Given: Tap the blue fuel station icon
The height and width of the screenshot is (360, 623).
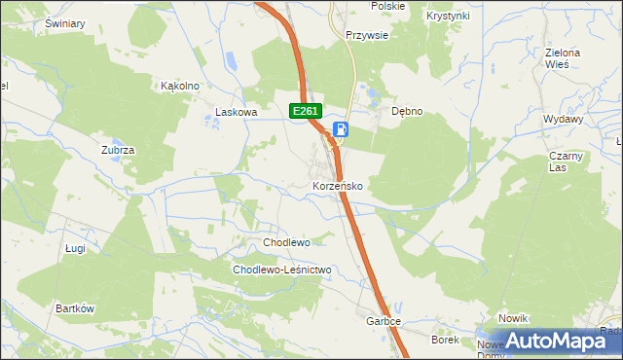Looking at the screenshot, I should click(342, 129).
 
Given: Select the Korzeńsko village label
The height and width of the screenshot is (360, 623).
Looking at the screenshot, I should click(338, 185).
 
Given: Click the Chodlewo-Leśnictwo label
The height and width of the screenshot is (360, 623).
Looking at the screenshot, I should click(282, 270).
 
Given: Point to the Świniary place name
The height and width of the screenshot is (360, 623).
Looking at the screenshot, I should click(64, 22).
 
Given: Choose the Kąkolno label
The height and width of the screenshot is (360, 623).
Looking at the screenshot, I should click(180, 86).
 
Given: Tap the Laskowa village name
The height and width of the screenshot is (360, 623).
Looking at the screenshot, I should click(237, 113).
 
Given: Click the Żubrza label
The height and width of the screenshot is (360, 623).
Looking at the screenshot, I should click(117, 150).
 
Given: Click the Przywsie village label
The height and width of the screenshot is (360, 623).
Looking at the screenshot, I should click(368, 35).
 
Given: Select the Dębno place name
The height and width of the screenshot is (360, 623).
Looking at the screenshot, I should click(407, 111).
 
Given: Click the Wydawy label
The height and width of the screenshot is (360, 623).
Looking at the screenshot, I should click(564, 119).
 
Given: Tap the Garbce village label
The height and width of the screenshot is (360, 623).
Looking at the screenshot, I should click(384, 321).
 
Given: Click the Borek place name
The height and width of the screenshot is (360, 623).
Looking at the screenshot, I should click(445, 340).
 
